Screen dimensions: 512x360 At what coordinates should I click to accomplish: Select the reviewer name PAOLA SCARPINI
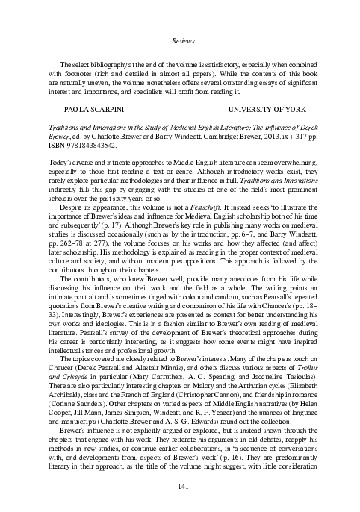tap(81, 109)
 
